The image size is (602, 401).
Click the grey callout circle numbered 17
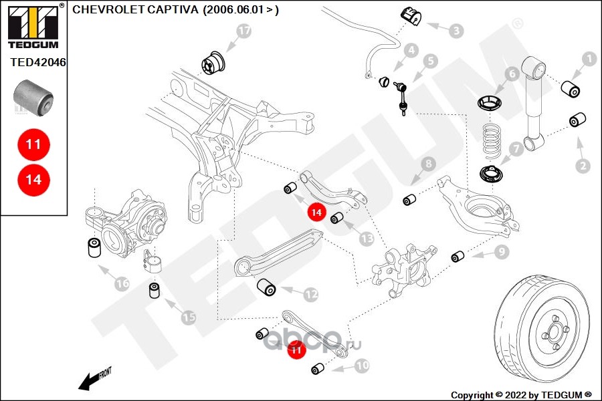coord(243,31)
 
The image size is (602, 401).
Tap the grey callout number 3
coord(456,31)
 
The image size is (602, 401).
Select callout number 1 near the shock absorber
coord(589,59)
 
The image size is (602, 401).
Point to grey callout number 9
coord(501,252)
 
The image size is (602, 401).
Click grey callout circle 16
coord(122,283)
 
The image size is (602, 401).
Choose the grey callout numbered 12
coord(310,293)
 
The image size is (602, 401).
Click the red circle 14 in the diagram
coord(316,213)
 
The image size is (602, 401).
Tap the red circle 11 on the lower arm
coord(296,349)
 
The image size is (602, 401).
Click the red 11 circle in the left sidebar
coord(33,144)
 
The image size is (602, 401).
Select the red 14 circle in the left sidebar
coord(33,180)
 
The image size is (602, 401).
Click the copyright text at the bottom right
coord(521,394)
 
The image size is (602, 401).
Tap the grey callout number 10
coord(361,366)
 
